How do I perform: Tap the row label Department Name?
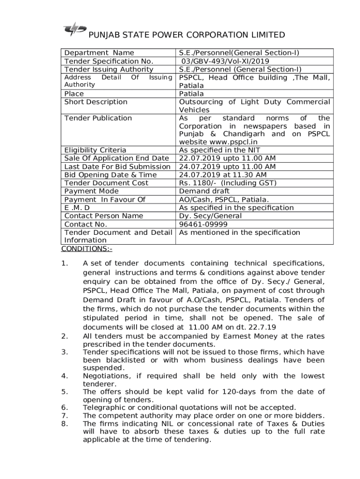coord(99,53)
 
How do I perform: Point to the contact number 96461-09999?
coord(203,224)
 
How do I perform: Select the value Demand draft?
coord(204,191)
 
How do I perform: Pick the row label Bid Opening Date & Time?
coord(110,175)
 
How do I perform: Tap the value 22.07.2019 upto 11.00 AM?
coord(227,159)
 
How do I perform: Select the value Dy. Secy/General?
coord(210,216)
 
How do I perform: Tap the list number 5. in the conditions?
coord(65,392)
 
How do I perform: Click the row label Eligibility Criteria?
coord(95,150)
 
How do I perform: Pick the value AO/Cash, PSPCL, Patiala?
coord(224,199)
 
